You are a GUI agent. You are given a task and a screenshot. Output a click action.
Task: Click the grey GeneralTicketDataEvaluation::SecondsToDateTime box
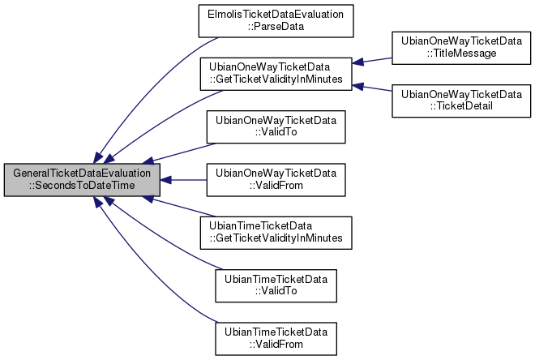point(81,179)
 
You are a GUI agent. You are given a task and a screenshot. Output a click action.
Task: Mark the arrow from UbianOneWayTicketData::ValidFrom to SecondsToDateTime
point(183,179)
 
